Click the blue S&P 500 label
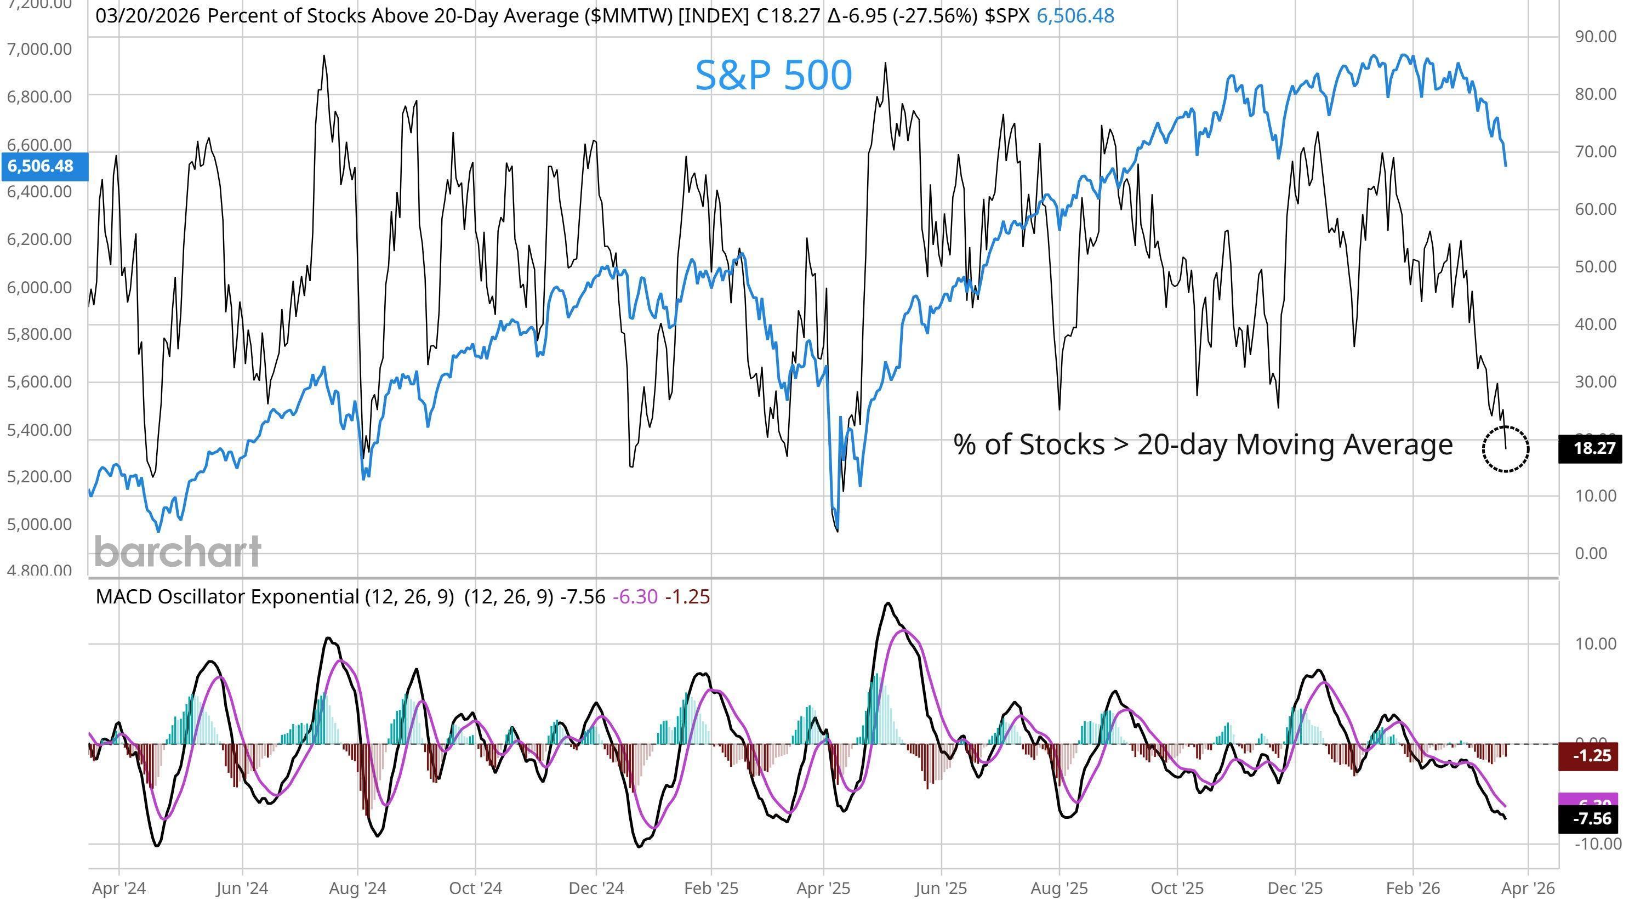[773, 75]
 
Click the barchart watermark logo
[178, 551]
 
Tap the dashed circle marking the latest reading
[1505, 448]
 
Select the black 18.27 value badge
[1592, 448]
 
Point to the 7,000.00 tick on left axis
[39, 49]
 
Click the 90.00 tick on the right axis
[1595, 36]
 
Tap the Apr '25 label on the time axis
[823, 888]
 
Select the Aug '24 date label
[357, 888]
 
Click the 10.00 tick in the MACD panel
[1595, 643]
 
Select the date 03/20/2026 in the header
[147, 16]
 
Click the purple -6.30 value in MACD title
[635, 596]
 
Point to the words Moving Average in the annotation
[1344, 444]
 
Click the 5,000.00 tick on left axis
[39, 523]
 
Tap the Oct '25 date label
[1176, 888]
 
